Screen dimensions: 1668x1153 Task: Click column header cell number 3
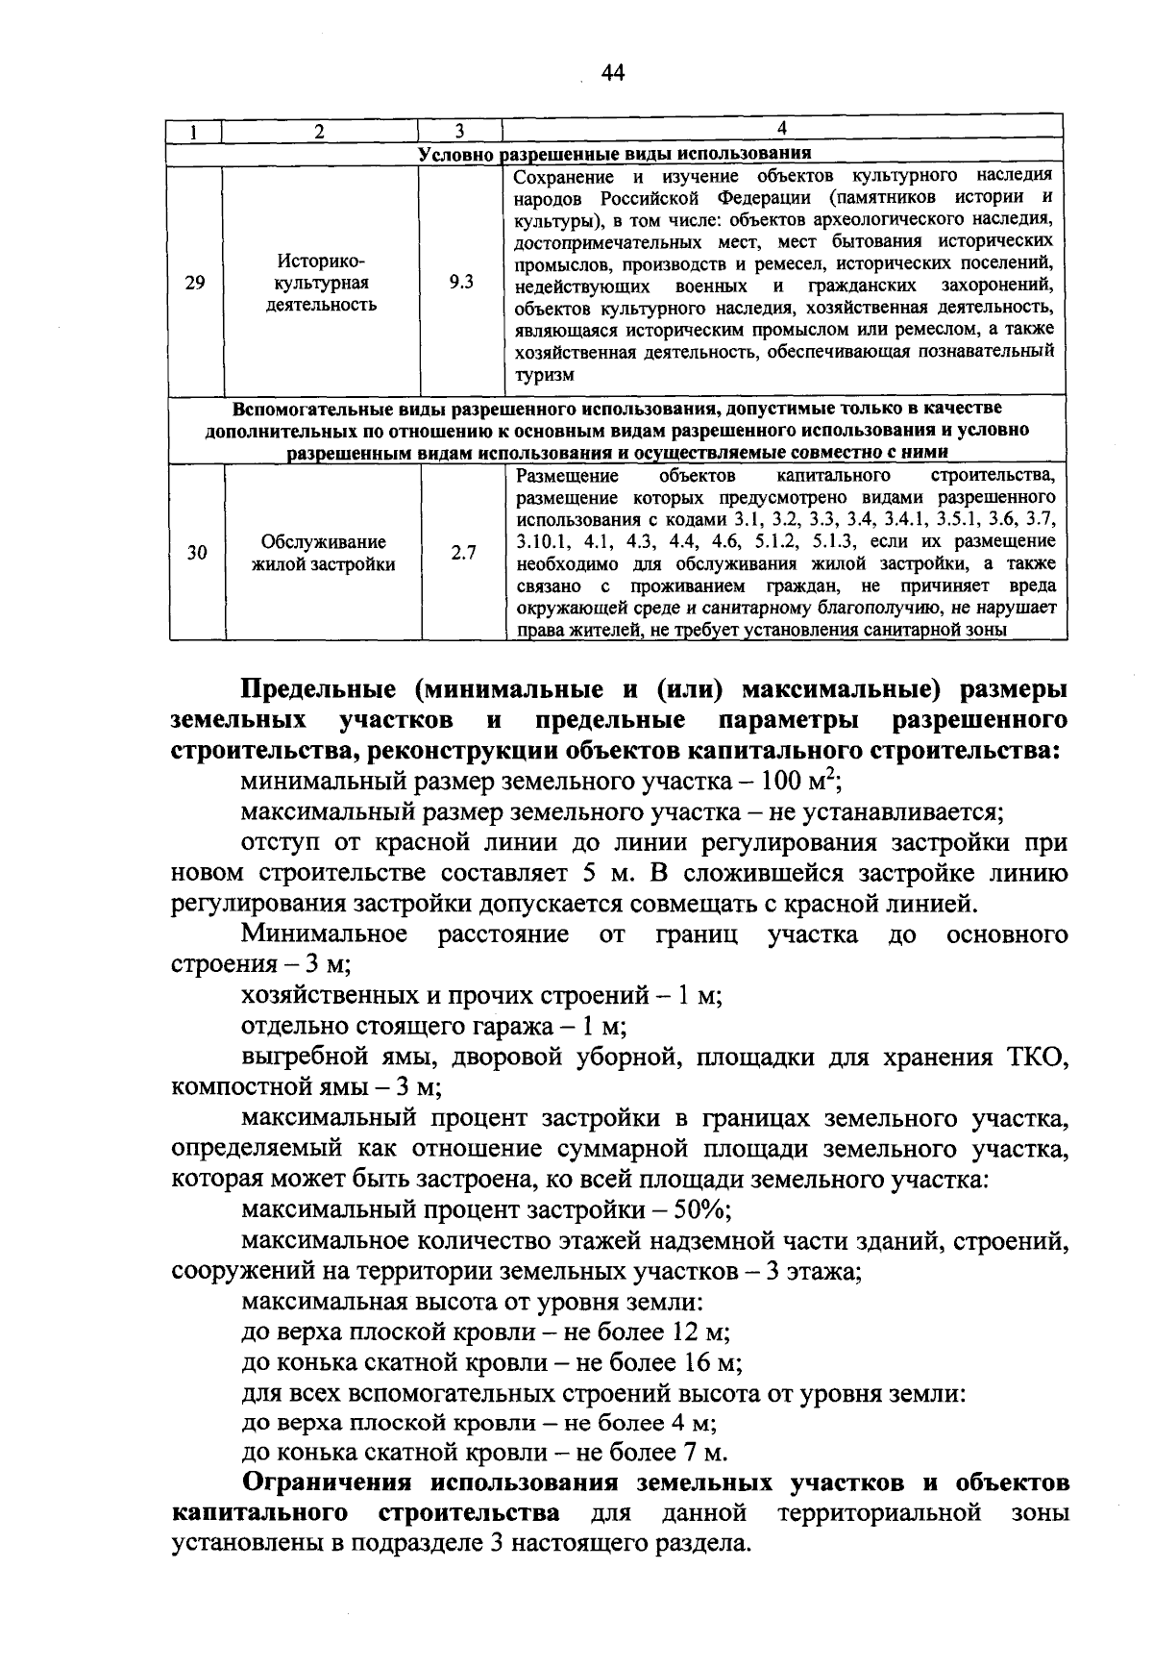click(460, 130)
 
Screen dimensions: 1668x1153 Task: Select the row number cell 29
click(195, 283)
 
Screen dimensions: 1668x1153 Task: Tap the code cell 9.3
click(461, 283)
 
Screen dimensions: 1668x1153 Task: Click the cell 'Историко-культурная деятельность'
click(321, 283)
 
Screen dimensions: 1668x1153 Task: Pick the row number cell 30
click(197, 553)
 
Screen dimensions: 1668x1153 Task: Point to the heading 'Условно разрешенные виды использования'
click(615, 154)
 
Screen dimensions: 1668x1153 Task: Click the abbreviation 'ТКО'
click(1037, 1058)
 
